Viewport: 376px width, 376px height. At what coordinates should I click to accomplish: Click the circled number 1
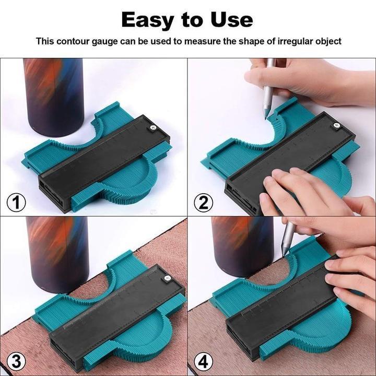tap(16, 202)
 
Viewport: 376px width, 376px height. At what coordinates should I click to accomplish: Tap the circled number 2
tap(203, 202)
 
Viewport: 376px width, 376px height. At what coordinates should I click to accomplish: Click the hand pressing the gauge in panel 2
tap(292, 191)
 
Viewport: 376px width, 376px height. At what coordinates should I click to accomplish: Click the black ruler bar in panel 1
tap(104, 162)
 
